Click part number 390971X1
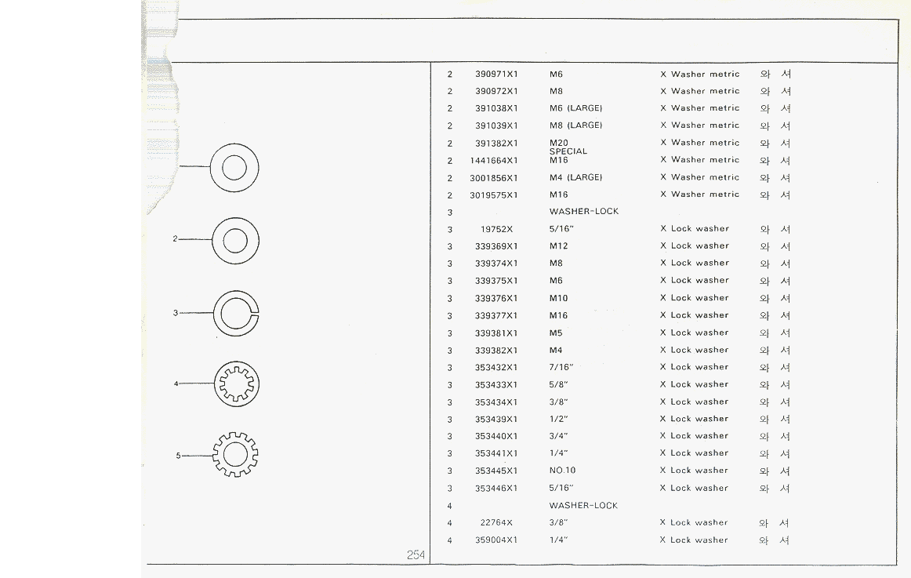pyautogui.click(x=496, y=75)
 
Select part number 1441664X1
pyautogui.click(x=494, y=160)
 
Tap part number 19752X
pyautogui.click(x=496, y=229)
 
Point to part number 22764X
pyautogui.click(x=496, y=522)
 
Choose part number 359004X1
pyautogui.click(x=496, y=540)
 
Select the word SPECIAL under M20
pyautogui.click(x=568, y=151)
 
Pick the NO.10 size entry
pyautogui.click(x=562, y=471)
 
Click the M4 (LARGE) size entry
pyautogui.click(x=575, y=177)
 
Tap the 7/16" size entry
pyautogui.click(x=561, y=367)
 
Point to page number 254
pyautogui.click(x=416, y=555)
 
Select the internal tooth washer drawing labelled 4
pyautogui.click(x=237, y=384)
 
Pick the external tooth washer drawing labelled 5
pyautogui.click(x=235, y=455)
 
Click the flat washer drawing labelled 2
pyautogui.click(x=235, y=239)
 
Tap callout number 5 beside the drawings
pyautogui.click(x=178, y=455)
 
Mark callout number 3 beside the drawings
pyautogui.click(x=175, y=313)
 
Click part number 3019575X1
pyautogui.click(x=494, y=194)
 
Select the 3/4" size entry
pyautogui.click(x=558, y=436)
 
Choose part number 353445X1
pyautogui.click(x=496, y=471)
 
